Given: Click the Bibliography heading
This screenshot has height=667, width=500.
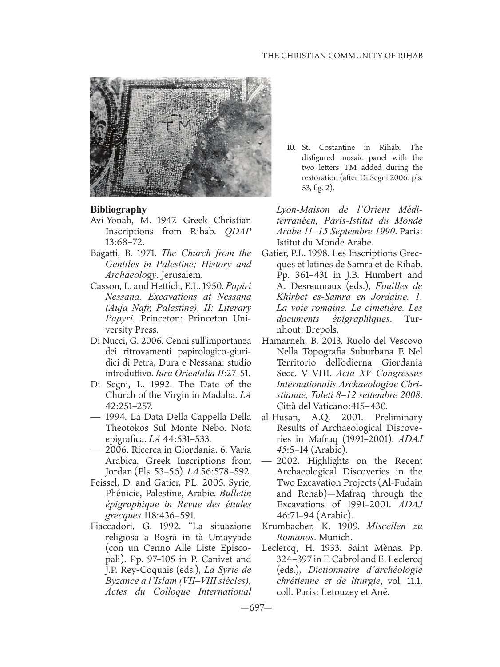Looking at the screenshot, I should [x=119, y=209].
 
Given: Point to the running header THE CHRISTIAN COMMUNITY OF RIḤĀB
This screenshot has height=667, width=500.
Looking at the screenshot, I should [x=342, y=56].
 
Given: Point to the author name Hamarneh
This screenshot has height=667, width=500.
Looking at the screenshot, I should [x=282, y=341].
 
